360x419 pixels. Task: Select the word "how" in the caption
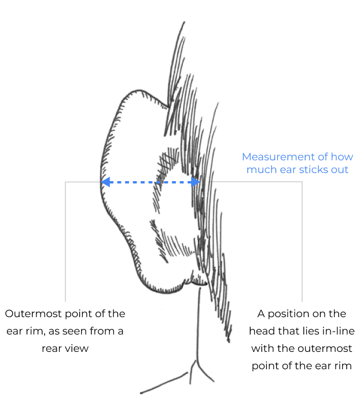343,157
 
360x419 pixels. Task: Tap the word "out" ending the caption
340,170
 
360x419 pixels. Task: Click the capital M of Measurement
247,157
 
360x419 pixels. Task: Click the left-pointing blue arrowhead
105,182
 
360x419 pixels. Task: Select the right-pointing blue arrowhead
196,182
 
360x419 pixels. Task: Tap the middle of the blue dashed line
150,182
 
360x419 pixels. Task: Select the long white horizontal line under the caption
258,182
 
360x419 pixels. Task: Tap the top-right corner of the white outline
302,182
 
